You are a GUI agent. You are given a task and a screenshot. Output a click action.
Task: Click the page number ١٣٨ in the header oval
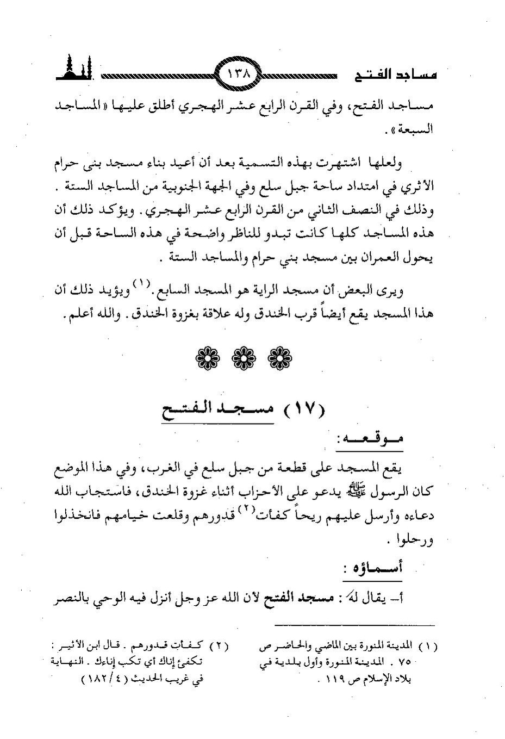[x=239, y=74]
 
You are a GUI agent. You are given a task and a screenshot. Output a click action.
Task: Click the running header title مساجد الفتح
[x=395, y=76]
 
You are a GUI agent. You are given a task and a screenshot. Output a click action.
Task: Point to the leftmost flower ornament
[x=207, y=357]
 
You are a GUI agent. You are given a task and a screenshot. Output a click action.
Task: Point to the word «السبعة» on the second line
[x=416, y=130]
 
